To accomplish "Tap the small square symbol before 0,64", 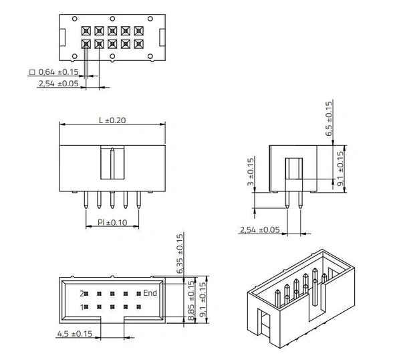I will (31, 72).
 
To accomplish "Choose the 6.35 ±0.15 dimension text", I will (179, 255).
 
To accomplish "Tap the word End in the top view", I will (150, 293).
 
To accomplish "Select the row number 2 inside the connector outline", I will (82, 294).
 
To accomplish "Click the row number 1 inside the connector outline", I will (82, 307).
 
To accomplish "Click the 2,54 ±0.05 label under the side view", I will (259, 230).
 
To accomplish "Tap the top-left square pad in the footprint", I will (86, 31).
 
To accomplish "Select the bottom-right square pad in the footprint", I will (138, 44).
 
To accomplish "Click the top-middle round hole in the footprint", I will (112, 18).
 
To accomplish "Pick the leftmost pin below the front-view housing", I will (86, 201).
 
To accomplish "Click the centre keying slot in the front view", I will (112, 164).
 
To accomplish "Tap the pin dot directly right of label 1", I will (92, 307).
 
